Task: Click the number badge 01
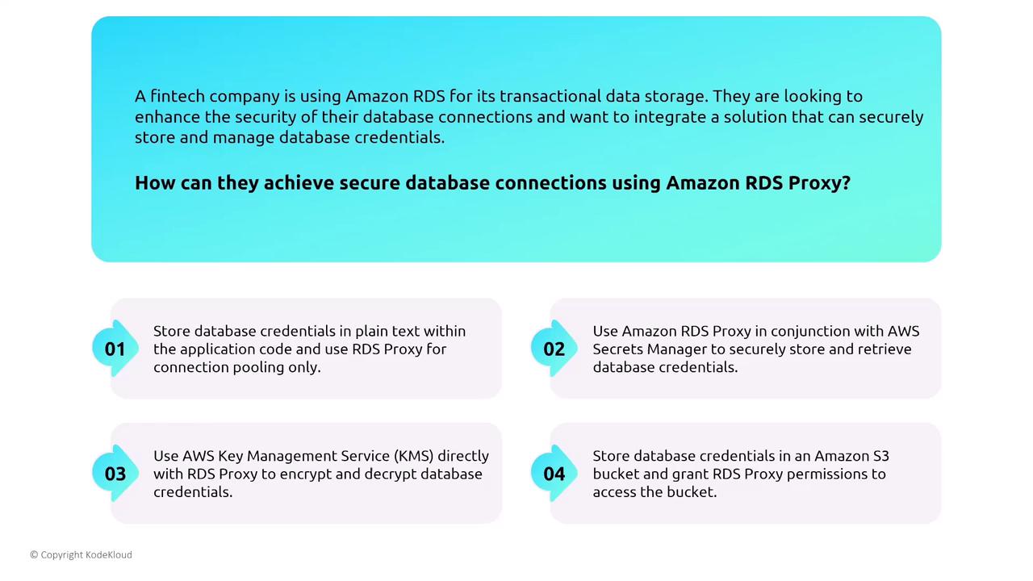[x=115, y=349]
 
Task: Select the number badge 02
[x=554, y=349]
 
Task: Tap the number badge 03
[x=115, y=474]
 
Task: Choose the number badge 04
[x=554, y=474]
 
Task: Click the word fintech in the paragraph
[x=178, y=96]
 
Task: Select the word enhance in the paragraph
[x=167, y=117]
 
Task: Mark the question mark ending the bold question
[x=846, y=182]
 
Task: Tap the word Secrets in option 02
[x=618, y=349]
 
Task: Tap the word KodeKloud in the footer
[x=109, y=554]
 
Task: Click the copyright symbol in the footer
[x=34, y=554]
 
